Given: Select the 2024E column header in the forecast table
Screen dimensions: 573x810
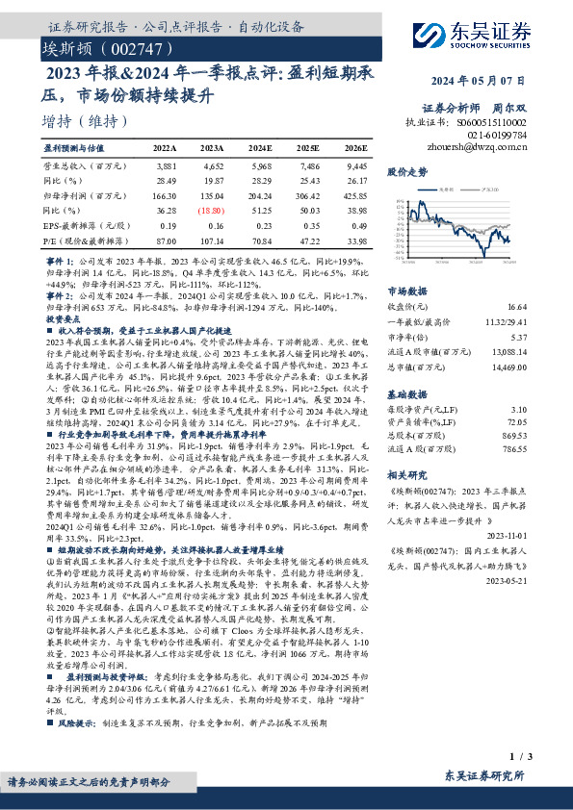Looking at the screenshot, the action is click(260, 149).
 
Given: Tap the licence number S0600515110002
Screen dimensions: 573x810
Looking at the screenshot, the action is click(492, 123).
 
